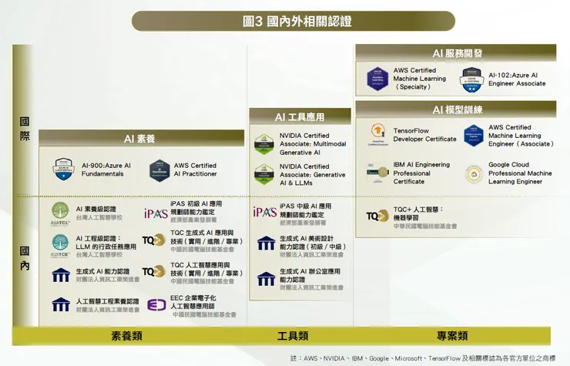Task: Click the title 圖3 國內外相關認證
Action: coord(285,21)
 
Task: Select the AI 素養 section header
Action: coord(139,139)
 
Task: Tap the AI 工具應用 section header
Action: coord(300,117)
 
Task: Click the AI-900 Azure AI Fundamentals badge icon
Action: coord(62,170)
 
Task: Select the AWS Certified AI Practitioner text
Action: coord(195,170)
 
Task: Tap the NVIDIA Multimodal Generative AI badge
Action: coord(265,144)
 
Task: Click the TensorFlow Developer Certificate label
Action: coord(424,135)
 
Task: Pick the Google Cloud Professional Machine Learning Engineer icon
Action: coord(474,173)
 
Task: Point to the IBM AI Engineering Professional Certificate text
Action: coord(421,173)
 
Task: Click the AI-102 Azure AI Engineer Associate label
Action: coord(517,79)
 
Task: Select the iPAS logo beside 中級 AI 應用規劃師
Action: coord(264,212)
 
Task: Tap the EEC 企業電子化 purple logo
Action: coord(156,305)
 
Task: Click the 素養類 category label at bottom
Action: coord(126,335)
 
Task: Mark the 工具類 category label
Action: coord(293,335)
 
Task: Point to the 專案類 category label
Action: coord(452,335)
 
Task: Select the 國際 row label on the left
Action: coord(25,129)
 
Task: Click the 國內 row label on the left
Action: coord(25,258)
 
